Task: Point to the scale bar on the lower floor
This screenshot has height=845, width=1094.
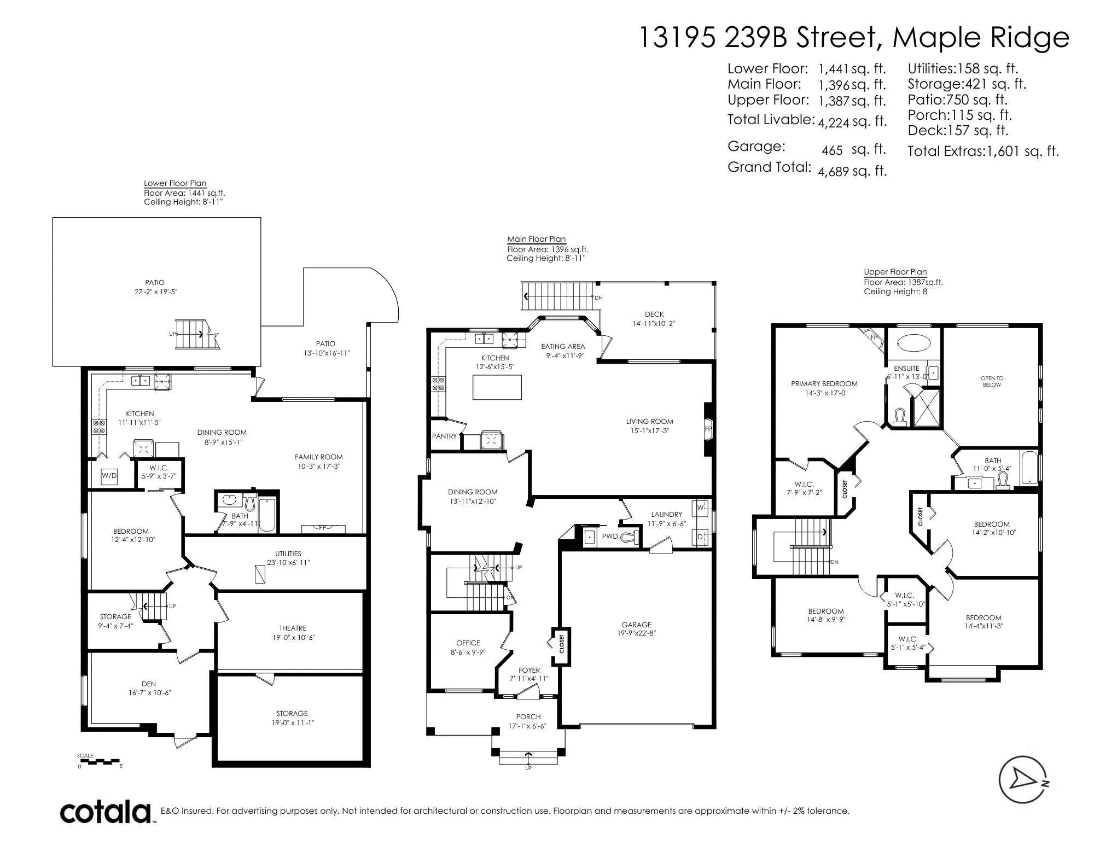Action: point(100,761)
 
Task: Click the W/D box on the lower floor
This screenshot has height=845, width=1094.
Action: point(109,476)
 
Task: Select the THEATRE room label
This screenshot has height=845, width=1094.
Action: point(293,628)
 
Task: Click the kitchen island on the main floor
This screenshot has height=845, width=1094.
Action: point(497,387)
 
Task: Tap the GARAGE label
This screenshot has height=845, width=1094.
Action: point(637,625)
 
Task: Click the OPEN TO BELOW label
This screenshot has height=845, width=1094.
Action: point(992,381)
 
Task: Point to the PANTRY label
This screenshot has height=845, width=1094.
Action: point(444,436)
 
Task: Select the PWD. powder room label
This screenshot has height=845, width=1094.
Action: point(610,537)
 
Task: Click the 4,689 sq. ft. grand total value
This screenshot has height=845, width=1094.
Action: point(852,171)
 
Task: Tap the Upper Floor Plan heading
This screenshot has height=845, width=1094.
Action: point(895,272)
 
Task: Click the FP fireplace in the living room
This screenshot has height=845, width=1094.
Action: point(709,429)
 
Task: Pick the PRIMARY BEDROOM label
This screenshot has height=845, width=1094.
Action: point(824,383)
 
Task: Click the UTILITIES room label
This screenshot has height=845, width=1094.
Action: point(288,553)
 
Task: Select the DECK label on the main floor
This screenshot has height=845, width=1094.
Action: point(654,314)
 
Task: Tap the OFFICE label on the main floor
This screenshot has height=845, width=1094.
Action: point(468,643)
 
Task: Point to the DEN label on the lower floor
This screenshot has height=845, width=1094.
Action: point(149,684)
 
